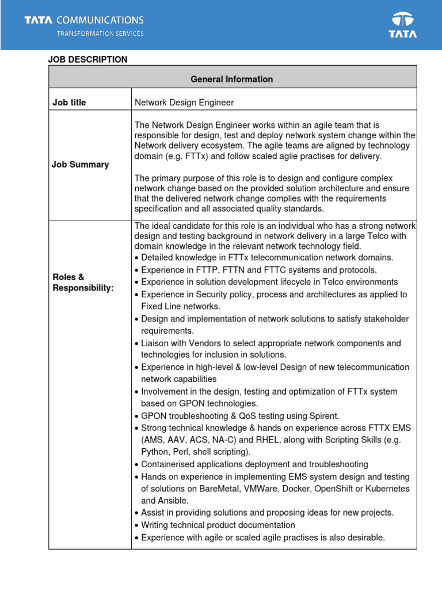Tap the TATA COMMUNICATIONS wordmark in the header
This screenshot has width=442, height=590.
(84, 21)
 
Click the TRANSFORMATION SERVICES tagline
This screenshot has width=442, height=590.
(100, 33)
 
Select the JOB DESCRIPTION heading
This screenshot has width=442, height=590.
(87, 59)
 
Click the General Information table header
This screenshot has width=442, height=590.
(232, 79)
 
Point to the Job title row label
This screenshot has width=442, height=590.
(70, 103)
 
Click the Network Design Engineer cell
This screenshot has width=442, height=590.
(184, 103)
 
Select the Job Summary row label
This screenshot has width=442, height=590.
(81, 165)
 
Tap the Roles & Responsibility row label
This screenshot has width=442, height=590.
(83, 282)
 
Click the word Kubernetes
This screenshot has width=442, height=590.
(387, 489)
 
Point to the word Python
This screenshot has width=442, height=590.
(155, 452)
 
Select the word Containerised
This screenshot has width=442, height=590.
(169, 464)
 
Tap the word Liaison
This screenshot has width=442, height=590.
(157, 343)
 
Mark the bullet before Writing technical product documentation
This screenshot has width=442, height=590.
(136, 525)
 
